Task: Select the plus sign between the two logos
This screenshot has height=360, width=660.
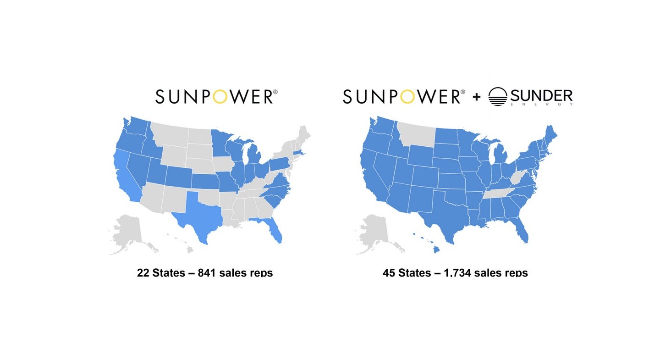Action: click(x=477, y=97)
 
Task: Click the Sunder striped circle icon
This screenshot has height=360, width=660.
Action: click(x=498, y=97)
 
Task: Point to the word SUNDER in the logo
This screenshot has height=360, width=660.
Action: click(x=541, y=96)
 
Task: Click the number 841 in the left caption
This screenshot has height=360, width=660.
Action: click(x=207, y=273)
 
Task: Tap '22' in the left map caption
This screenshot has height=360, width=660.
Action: click(x=143, y=273)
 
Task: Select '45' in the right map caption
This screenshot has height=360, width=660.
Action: click(x=389, y=273)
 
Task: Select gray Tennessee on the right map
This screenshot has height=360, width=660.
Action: click(x=500, y=194)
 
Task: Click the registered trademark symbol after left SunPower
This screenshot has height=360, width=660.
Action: click(x=275, y=92)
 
